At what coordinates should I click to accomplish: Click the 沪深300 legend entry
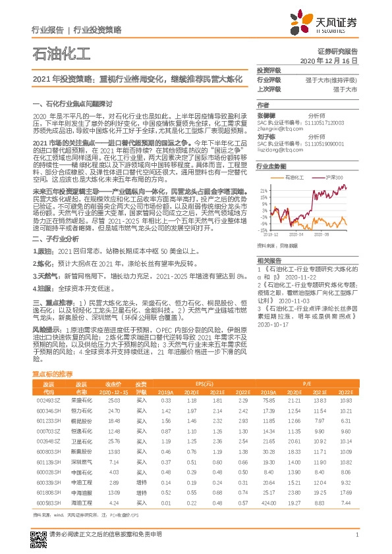pos(333,178)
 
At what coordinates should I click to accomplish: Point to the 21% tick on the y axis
pos(263,190)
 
